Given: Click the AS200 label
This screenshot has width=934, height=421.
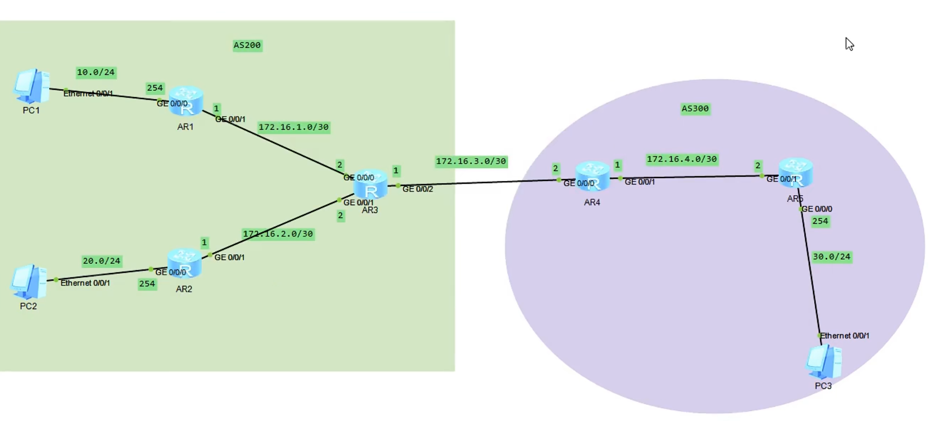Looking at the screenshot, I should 247,45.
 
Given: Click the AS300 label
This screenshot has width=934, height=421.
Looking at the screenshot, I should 695,109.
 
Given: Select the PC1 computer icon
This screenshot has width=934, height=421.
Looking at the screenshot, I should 32,86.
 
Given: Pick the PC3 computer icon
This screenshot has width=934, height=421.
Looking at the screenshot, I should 824,362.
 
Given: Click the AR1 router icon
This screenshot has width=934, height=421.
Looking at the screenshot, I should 186,101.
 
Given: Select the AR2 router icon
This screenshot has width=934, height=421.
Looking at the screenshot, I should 184,264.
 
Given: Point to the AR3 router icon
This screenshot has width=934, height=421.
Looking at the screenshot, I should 370,185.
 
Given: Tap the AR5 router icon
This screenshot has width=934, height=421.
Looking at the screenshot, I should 796,173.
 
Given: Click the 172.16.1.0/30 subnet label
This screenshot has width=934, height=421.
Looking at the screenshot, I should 293,127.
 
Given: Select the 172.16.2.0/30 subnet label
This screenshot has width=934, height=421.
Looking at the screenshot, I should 278,234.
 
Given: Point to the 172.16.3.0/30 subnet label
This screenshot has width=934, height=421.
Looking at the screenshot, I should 471,161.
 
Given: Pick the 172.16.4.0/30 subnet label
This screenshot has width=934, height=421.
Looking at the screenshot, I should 682,159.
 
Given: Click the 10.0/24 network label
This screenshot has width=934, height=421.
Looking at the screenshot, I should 96,72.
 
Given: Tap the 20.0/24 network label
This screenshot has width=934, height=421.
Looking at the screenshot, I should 101,261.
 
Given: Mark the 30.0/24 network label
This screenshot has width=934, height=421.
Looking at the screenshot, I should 832,257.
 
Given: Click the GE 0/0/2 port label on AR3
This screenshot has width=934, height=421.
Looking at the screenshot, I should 417,189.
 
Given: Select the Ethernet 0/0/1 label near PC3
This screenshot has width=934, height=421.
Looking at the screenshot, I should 844,336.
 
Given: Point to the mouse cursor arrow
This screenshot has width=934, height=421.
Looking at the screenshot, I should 849,44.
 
